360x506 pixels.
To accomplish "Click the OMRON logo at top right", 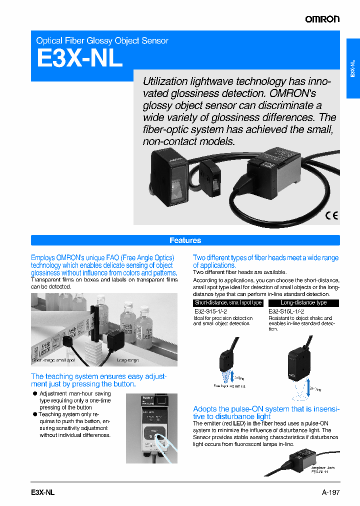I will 322,19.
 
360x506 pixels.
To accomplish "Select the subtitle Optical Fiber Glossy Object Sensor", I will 102,40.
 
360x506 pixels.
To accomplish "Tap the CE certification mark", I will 331,216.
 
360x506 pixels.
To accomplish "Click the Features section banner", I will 185,240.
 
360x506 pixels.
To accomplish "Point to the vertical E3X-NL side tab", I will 353,69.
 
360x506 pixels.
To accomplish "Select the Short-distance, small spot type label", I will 228,303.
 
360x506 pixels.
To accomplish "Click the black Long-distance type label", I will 303,303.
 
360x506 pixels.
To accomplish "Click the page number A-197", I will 330,492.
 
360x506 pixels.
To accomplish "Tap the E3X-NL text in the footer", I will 39,492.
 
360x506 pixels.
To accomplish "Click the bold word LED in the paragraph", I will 238,423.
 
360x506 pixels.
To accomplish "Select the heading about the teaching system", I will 98,380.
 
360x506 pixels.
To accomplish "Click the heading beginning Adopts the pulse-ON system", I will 266,412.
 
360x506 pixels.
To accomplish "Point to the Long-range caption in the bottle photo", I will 127,360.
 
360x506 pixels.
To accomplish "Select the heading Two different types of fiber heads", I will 265,261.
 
